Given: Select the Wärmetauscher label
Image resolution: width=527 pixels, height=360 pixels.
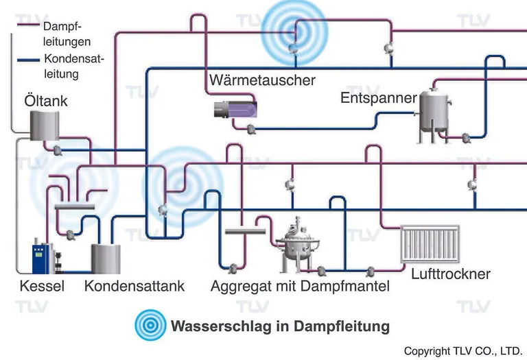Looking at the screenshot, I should (x=262, y=80).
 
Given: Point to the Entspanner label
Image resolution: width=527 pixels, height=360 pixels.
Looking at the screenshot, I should (x=378, y=98).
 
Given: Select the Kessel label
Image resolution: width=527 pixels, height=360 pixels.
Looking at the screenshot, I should (x=42, y=286).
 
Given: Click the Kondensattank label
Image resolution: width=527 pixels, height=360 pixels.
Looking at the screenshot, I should (x=134, y=286).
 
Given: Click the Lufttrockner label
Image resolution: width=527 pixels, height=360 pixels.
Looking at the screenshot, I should (x=450, y=274).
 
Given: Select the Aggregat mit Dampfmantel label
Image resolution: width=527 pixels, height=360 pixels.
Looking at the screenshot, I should (x=300, y=286).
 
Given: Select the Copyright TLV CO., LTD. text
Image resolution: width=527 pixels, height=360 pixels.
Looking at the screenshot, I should (x=463, y=350).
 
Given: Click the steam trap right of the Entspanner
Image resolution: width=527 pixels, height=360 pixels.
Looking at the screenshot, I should (x=467, y=137).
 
